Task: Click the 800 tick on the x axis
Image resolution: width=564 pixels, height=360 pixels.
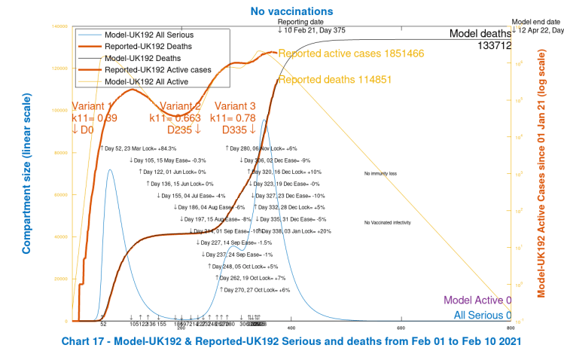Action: coord(510,328)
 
